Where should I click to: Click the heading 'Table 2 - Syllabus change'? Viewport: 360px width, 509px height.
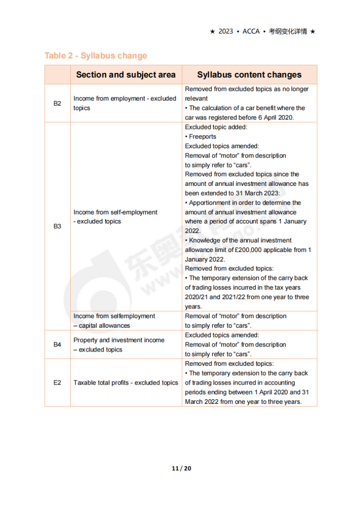[x=96, y=56]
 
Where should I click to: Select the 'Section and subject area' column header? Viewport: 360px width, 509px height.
[x=126, y=75]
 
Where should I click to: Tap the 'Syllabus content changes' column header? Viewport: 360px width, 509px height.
[x=249, y=75]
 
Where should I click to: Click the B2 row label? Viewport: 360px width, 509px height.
[x=57, y=103]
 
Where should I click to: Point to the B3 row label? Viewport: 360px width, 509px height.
[x=57, y=226]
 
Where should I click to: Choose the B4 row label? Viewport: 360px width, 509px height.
[x=57, y=345]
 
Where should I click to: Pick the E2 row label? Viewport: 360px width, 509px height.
[x=57, y=383]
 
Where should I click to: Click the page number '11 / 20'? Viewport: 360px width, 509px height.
[x=181, y=468]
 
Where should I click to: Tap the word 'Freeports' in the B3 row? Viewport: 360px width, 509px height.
[x=202, y=136]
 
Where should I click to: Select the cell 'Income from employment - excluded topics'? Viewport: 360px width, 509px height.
[x=125, y=103]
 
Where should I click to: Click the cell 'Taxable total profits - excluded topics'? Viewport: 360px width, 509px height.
[x=126, y=383]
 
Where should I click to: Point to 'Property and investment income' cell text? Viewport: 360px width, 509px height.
[x=119, y=340]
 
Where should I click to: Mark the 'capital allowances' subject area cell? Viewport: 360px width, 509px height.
[x=104, y=325]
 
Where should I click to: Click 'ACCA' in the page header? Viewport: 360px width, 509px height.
[x=251, y=31]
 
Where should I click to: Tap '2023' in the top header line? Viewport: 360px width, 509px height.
[x=226, y=31]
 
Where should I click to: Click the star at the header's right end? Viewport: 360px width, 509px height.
[x=313, y=31]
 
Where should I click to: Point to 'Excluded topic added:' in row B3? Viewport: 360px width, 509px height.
[x=216, y=127]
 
